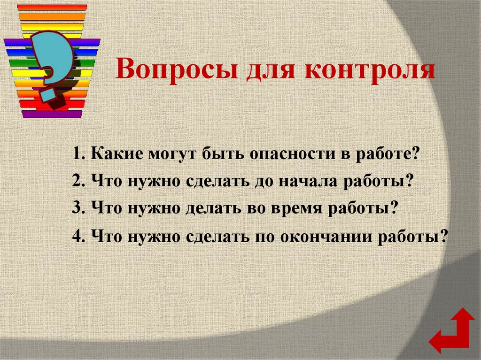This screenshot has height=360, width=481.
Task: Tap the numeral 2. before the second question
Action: [78, 181]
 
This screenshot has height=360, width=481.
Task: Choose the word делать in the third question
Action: [211, 208]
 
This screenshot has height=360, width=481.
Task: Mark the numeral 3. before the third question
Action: [78, 208]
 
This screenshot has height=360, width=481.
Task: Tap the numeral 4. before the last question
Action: [78, 236]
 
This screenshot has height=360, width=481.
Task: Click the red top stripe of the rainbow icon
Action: [52, 7]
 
